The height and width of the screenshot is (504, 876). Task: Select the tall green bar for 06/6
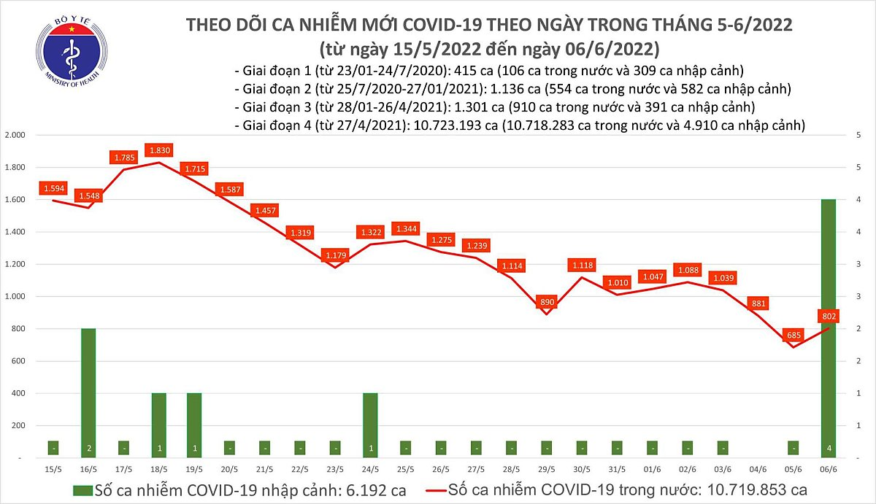click(x=829, y=328)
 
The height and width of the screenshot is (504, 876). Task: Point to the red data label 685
click(x=793, y=336)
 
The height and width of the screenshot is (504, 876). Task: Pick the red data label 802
click(x=828, y=316)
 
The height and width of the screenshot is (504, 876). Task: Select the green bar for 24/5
click(x=370, y=425)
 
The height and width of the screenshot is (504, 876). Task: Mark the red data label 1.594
click(x=53, y=188)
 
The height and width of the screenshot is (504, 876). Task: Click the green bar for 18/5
click(x=159, y=425)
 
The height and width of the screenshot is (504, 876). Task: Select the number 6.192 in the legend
click(x=354, y=489)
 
